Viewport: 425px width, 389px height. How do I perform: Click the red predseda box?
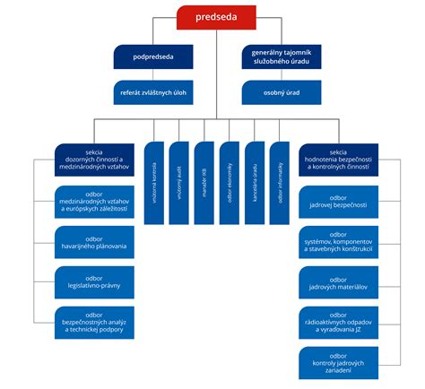click(213, 17)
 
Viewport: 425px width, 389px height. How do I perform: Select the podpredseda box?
click(152, 56)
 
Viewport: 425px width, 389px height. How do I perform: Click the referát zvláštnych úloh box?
click(152, 91)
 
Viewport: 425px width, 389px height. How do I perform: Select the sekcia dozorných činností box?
click(94, 160)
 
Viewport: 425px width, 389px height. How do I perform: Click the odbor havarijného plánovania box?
click(94, 242)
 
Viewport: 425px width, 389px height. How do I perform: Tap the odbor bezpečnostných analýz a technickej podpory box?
click(94, 324)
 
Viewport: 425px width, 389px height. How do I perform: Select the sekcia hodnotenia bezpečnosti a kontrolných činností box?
click(338, 160)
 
